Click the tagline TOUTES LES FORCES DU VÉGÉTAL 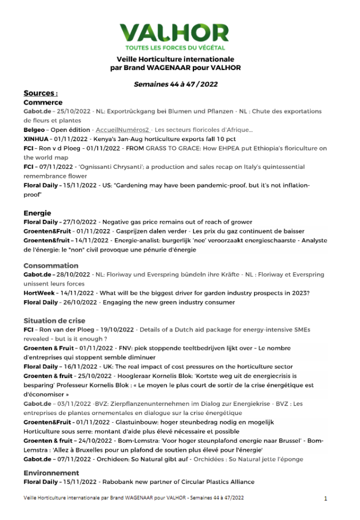174,48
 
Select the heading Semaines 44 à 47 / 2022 176,84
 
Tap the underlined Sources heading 40,93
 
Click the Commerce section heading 43,103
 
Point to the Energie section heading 37,213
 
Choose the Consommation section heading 51,266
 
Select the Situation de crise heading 54,320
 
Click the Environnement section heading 51,473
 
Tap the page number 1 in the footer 326,498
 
